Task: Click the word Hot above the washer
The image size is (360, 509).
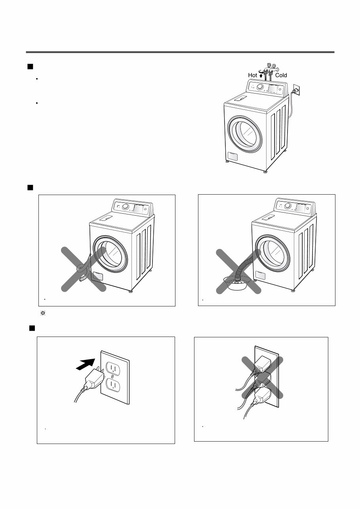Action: point(252,75)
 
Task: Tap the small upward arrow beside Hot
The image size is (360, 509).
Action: point(261,75)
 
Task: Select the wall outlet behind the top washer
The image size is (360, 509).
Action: point(295,90)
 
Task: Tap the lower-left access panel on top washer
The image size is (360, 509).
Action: point(233,156)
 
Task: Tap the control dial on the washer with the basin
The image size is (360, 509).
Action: point(288,206)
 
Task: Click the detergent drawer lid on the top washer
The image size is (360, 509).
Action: point(240,97)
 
